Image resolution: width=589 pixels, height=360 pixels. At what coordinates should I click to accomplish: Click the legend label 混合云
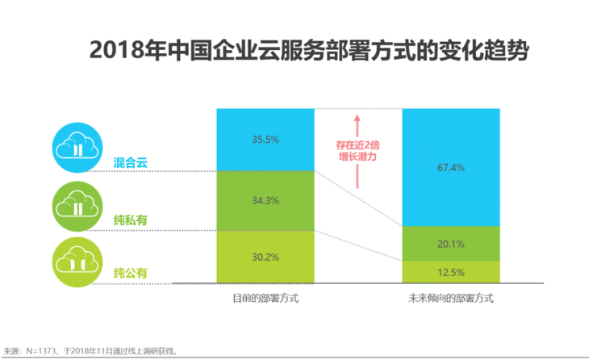[x=131, y=163]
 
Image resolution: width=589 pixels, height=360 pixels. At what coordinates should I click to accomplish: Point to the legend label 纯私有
[x=131, y=219]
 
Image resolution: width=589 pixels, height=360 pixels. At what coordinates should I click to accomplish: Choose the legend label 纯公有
[x=131, y=272]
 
